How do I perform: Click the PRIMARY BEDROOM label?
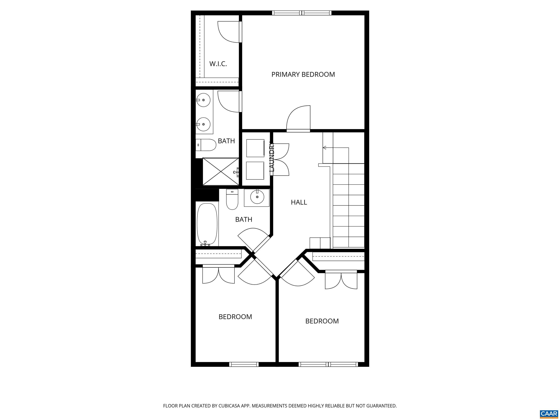[x=303, y=74]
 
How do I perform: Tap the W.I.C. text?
[x=218, y=64]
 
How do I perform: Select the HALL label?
[x=299, y=202]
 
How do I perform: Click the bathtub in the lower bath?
[x=207, y=224]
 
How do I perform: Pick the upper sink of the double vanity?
[x=203, y=100]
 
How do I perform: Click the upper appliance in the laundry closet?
[x=255, y=148]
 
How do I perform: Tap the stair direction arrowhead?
[x=324, y=148]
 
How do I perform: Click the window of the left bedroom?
[x=244, y=364]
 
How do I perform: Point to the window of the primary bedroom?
[x=302, y=13]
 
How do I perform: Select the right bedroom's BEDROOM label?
[x=322, y=321]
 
